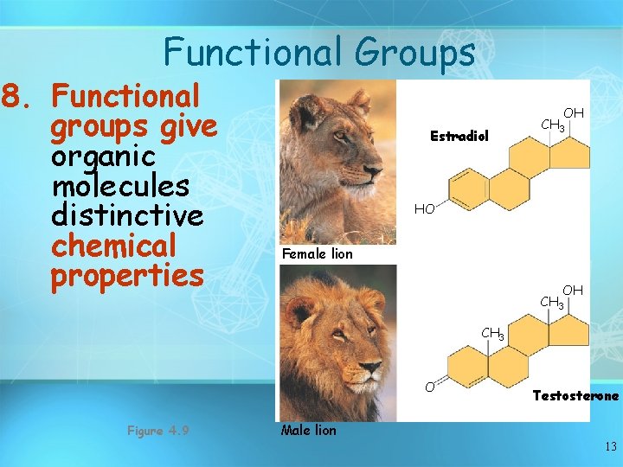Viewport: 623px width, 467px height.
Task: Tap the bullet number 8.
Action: (18, 96)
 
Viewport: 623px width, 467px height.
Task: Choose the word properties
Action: (127, 276)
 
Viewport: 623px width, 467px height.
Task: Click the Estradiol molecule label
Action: (459, 136)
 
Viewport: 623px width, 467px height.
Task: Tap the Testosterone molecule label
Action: (575, 395)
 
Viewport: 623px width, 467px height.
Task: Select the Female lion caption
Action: (318, 253)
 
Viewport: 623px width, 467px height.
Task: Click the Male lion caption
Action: (309, 429)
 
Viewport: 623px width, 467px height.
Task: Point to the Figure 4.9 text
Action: (157, 430)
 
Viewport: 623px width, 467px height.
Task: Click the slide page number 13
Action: (611, 446)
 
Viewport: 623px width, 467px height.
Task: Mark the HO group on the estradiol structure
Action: (424, 209)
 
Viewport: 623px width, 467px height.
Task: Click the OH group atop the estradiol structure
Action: (574, 113)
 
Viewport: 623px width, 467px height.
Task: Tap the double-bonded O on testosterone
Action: (428, 386)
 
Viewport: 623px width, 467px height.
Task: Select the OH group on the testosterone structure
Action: (573, 290)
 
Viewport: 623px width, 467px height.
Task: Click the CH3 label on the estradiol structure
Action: (553, 126)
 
